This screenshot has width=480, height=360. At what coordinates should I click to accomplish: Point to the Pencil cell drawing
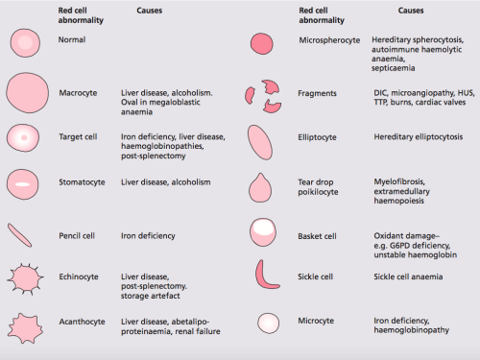(25, 234)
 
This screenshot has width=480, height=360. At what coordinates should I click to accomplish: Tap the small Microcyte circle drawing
(262, 323)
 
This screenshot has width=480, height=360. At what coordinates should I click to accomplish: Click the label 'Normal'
(71, 41)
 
